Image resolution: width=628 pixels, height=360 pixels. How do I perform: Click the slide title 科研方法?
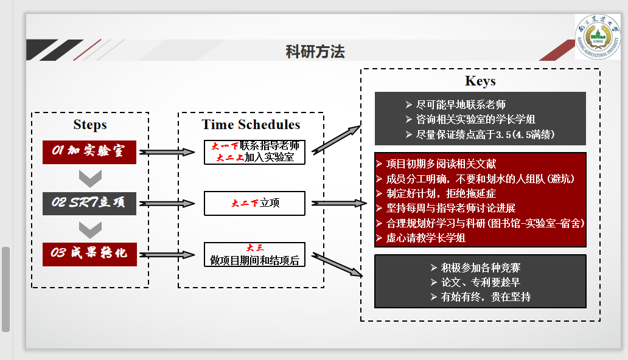pos(315,52)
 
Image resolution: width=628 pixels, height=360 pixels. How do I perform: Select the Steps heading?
pos(90,125)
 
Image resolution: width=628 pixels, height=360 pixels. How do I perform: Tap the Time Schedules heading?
pos(251,125)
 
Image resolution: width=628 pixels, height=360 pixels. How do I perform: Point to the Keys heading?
pos(480,81)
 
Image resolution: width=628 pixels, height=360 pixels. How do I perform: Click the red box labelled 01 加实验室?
pos(89,152)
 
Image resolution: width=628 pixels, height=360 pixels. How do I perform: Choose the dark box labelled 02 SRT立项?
pos(89,203)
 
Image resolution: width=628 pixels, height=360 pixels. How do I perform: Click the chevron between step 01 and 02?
pos(90,178)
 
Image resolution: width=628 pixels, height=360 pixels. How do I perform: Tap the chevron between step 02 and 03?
pos(90,229)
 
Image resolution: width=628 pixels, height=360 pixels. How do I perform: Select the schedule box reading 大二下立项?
pos(254,203)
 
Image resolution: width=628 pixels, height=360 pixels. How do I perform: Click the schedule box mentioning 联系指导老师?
pos(254,152)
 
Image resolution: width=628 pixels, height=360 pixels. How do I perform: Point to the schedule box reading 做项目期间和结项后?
pos(254,254)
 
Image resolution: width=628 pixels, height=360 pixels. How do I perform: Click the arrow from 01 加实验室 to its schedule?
pos(170,152)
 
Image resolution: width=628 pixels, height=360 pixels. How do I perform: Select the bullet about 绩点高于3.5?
pos(484,134)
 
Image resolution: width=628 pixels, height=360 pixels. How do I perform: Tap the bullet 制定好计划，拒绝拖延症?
pos(441,193)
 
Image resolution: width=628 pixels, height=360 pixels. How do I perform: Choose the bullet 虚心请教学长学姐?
pos(425,238)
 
